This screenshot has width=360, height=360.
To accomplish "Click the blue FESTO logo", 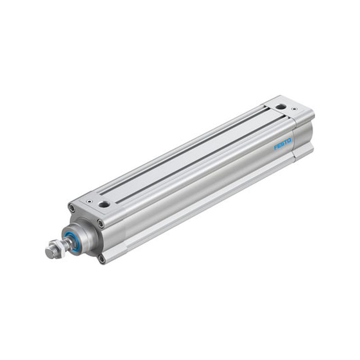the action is pos(283,144).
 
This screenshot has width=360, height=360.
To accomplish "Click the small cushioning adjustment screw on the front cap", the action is pos(89,201).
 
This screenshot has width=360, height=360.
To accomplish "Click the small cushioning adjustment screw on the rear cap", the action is pos(294,109).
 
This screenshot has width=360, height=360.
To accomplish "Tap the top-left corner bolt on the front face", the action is pos(72,208).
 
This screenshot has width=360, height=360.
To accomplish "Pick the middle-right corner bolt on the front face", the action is pos(100,223).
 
